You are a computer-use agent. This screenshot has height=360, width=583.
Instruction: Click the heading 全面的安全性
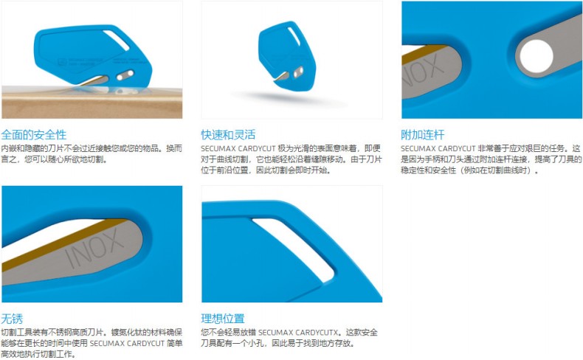[x=34, y=134]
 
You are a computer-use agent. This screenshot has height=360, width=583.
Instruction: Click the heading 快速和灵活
[x=228, y=134]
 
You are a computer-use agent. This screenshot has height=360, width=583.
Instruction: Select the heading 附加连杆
[x=422, y=134]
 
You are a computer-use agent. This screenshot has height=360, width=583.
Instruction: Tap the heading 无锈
[x=12, y=319]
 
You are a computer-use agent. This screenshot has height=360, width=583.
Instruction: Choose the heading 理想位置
[x=223, y=319]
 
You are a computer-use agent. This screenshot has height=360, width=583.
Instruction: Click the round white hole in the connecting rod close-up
[x=537, y=56]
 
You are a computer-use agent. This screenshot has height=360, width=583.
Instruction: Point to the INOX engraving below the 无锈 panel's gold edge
[x=94, y=248]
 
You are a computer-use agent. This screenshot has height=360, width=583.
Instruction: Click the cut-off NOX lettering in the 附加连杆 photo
[x=423, y=71]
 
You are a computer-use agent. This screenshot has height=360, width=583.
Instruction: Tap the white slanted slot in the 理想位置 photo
[x=294, y=249]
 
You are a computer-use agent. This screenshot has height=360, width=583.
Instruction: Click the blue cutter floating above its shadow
[x=287, y=55]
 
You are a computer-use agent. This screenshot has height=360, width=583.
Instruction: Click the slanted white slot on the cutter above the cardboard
[x=116, y=40]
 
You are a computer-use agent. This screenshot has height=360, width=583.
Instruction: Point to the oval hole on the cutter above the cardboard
[x=125, y=75]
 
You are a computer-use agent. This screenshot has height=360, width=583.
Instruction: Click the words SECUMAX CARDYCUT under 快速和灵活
[x=238, y=148]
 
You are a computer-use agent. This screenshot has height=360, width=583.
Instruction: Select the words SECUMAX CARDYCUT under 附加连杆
[x=438, y=148]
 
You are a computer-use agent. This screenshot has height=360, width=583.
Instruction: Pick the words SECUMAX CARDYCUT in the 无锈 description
[x=127, y=343]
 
